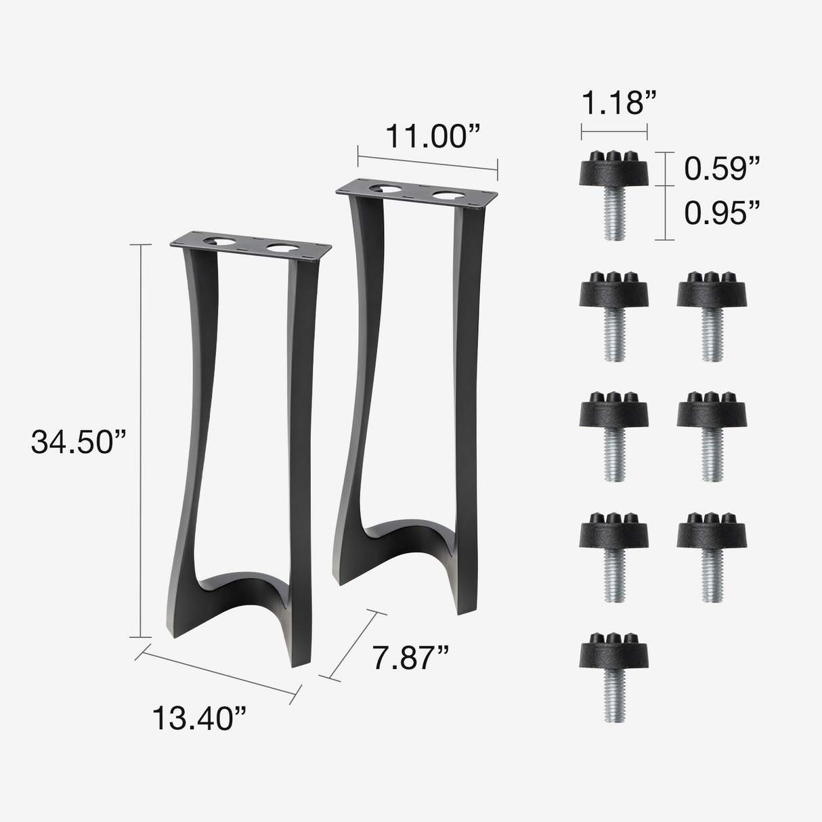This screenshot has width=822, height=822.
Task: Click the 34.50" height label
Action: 79,443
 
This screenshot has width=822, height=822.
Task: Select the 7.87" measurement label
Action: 410,657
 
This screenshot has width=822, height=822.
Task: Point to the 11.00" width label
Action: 433,137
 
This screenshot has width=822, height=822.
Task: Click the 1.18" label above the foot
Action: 620,103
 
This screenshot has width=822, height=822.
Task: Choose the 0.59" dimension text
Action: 722,169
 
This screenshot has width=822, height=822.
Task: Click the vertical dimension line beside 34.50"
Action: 141,440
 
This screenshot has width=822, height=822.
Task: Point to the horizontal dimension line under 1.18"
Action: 614,131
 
